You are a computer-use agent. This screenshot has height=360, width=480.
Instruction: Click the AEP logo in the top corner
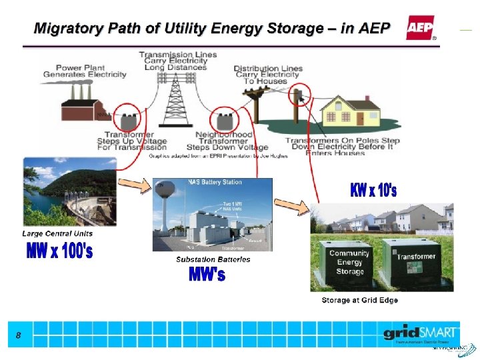click(x=420, y=29)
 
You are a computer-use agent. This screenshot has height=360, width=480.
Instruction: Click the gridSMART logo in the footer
click(x=420, y=332)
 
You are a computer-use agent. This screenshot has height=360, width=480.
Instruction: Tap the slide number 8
click(x=18, y=336)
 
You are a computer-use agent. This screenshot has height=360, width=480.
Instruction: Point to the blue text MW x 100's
click(x=59, y=251)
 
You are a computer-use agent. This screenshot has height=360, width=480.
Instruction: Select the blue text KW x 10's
click(x=373, y=191)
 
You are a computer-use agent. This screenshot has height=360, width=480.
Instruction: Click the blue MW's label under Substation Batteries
click(x=207, y=274)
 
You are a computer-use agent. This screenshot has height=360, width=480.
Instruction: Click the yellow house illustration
click(x=355, y=111)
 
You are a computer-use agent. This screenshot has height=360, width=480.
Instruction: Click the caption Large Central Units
click(x=57, y=234)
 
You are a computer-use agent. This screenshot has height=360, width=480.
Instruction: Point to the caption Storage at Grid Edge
click(x=359, y=301)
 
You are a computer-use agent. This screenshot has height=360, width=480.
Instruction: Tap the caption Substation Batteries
click(x=213, y=259)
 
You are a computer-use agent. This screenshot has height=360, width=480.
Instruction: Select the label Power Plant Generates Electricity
click(x=85, y=71)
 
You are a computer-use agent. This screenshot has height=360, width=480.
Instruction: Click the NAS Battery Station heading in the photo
click(x=215, y=182)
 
